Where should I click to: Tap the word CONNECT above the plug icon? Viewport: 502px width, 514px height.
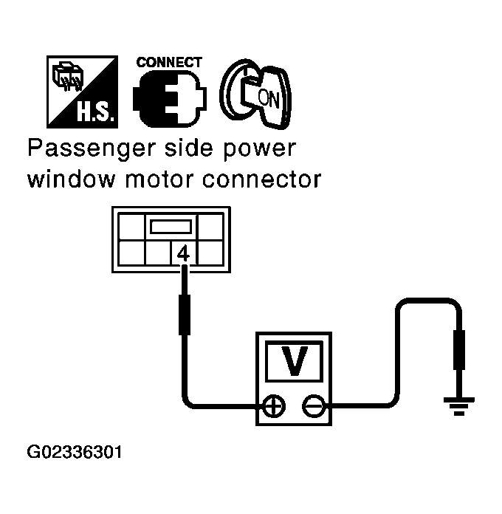coord(169,63)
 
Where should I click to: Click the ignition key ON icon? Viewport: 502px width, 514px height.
coord(252,92)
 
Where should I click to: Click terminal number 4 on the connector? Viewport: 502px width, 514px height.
coord(184,253)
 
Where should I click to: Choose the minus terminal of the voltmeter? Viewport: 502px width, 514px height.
coord(313,405)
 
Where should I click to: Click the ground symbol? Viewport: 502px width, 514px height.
coord(458,405)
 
